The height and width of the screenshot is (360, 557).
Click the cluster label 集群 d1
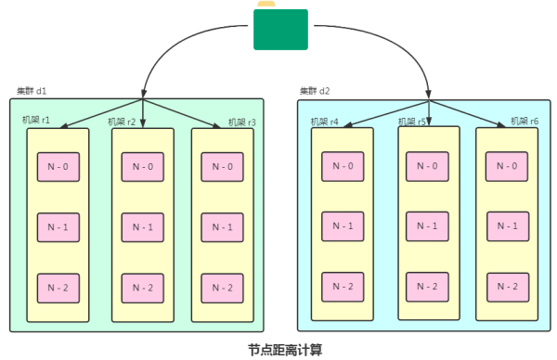(32, 91)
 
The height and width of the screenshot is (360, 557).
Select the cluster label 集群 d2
(315, 91)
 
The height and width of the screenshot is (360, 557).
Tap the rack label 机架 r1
(36, 121)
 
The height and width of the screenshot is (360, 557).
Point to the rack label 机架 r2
(122, 122)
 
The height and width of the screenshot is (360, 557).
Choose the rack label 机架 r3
(242, 122)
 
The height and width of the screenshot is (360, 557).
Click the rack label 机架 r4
(324, 122)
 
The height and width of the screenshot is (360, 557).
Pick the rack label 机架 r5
(412, 122)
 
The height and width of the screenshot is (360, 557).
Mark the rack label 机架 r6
(525, 122)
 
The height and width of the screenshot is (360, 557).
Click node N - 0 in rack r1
(58, 167)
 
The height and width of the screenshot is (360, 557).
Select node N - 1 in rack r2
(143, 227)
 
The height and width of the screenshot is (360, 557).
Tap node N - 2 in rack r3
(223, 288)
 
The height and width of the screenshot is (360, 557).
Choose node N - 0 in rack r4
(343, 166)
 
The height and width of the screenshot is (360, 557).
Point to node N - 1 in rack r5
(427, 226)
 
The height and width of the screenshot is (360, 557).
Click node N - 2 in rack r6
(507, 286)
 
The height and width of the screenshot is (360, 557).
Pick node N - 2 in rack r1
(58, 288)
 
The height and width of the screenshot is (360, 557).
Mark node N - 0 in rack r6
(507, 167)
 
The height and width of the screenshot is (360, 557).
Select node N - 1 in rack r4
(343, 226)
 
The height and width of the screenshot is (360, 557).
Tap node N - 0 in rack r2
(143, 167)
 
